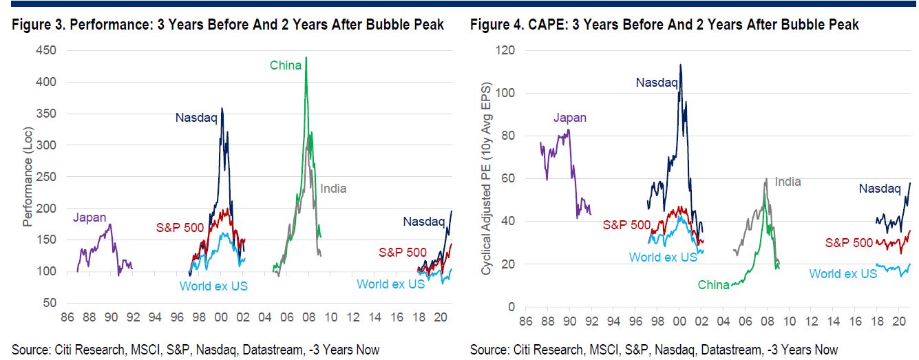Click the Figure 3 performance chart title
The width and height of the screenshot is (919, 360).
[227, 25]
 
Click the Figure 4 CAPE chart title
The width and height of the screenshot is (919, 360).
[664, 25]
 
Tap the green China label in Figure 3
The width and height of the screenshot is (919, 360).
[285, 65]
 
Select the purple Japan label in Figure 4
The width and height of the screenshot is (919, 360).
[570, 118]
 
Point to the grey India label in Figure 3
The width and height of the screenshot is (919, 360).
[333, 189]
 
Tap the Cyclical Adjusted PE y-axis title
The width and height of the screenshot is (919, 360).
[486, 178]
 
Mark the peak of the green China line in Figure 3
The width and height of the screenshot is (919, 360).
[306, 57]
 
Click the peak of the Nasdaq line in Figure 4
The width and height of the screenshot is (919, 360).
[680, 65]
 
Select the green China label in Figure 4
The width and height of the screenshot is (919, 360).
[713, 284]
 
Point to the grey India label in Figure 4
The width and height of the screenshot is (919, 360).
[788, 182]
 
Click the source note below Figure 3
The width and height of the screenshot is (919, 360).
[196, 350]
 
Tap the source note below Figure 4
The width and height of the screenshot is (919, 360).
[654, 350]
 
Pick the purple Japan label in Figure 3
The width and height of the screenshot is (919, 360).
[89, 218]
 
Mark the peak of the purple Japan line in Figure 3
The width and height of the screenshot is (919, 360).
[110, 224]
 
